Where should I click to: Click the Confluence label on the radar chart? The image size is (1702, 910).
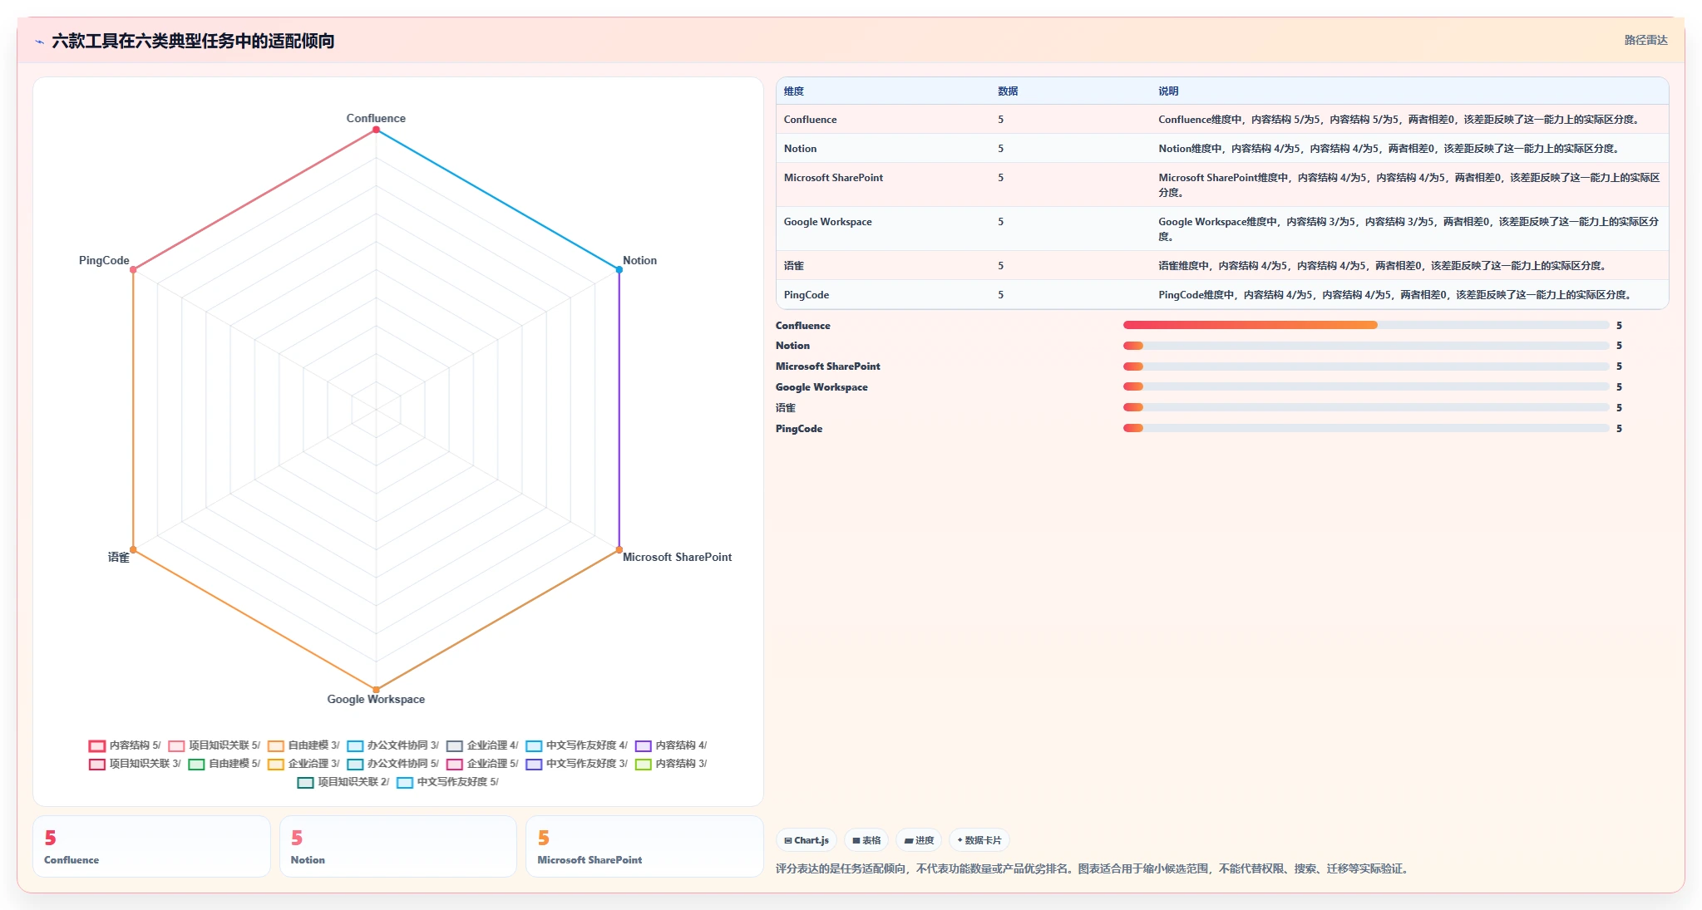point(376,118)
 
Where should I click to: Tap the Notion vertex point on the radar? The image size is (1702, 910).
point(619,270)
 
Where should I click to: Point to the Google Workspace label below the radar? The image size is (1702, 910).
point(376,699)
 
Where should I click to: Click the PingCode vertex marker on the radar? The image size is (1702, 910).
point(133,270)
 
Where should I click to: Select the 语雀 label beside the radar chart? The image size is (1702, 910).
point(119,557)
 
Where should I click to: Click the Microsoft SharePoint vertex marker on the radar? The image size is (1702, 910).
point(619,549)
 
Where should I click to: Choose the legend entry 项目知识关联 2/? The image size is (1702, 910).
point(343,782)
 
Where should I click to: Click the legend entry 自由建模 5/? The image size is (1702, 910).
point(224,764)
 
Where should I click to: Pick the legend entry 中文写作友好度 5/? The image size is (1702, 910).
point(448,782)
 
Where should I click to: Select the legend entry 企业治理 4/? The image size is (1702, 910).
point(482,745)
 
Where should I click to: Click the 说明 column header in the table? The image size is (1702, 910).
point(1168,91)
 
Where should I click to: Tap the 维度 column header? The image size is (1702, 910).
point(794,91)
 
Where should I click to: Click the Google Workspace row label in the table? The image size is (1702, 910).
point(828,222)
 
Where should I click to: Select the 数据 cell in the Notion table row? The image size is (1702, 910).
point(1001,149)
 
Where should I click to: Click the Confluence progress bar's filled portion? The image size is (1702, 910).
point(1250,325)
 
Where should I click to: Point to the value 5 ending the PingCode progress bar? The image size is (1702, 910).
point(1619,429)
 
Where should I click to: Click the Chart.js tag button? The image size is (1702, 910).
point(807,840)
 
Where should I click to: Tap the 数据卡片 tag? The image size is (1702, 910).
point(979,840)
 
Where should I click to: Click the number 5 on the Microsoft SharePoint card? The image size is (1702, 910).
point(544,838)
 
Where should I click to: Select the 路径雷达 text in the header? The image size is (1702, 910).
point(1646,40)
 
